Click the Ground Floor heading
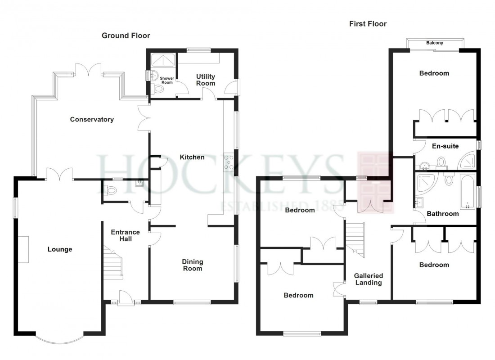[x=126, y=36]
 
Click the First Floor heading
[x=368, y=24]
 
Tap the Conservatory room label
[x=92, y=120]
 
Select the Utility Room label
[x=205, y=80]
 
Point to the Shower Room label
[x=167, y=81]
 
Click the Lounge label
[x=60, y=249]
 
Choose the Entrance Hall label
[x=126, y=235]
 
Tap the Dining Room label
[x=193, y=265]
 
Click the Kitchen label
[x=192, y=157]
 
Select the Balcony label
[x=435, y=43]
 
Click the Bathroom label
[x=442, y=214]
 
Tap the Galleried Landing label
[x=368, y=279]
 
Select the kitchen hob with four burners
[x=229, y=162]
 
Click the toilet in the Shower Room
[x=158, y=90]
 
